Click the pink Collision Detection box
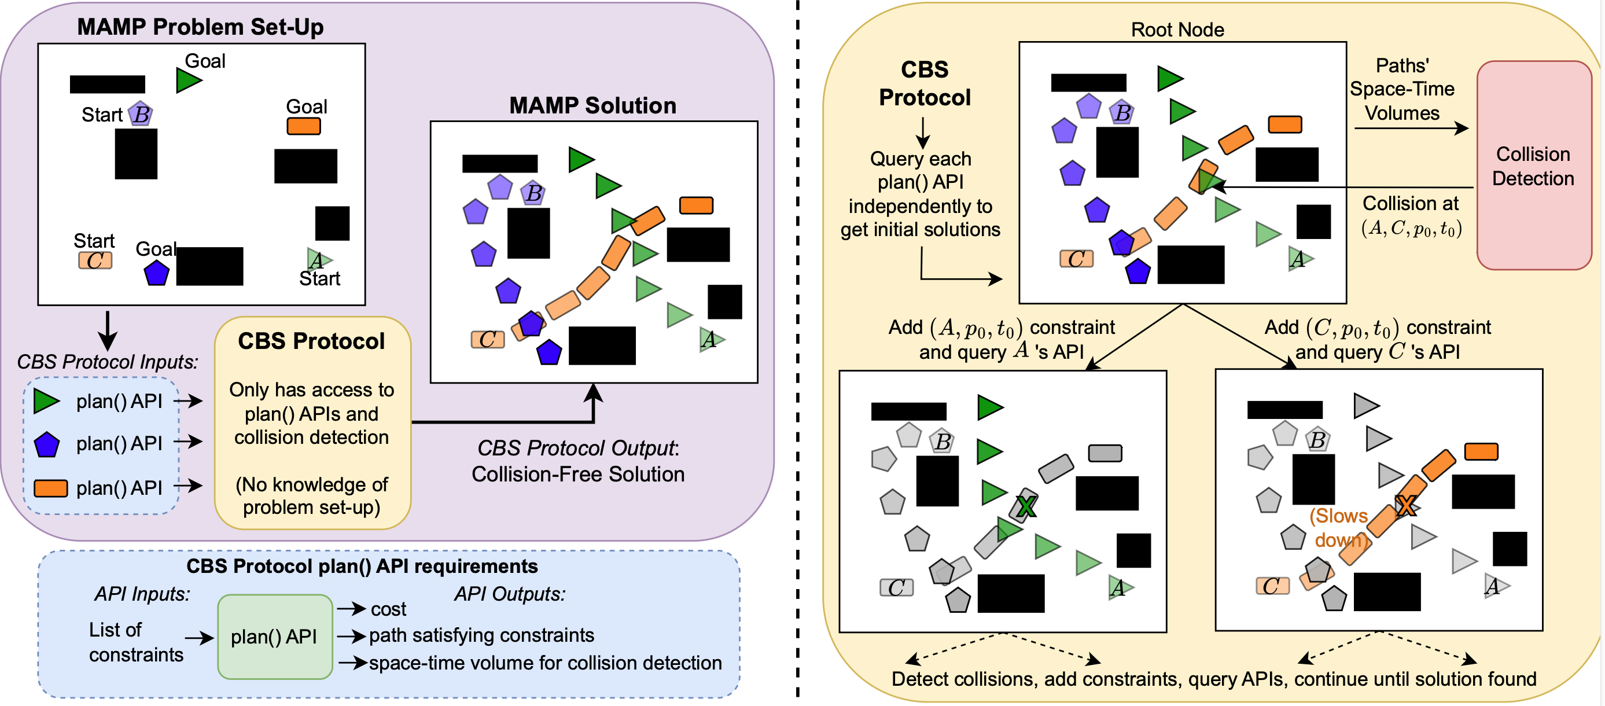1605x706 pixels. [1533, 166]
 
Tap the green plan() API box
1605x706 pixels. [274, 636]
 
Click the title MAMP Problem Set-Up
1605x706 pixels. [200, 27]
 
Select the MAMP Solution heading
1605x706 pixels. [592, 105]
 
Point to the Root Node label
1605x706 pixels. [1177, 30]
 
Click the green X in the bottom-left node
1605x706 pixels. [1026, 506]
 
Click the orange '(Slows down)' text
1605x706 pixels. [1338, 527]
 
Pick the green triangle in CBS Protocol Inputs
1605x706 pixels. [46, 401]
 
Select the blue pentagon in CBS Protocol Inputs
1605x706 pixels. [47, 445]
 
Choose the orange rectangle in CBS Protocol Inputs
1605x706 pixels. [50, 488]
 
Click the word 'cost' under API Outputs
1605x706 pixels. [388, 609]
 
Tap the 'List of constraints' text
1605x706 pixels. [135, 642]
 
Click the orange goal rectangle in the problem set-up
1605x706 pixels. [303, 127]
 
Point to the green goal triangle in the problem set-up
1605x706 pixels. [187, 80]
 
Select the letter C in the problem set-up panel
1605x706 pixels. [95, 260]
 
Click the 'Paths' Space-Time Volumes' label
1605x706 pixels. [1401, 89]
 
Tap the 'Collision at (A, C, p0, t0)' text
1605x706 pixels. [1411, 216]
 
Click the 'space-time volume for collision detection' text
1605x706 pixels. [545, 663]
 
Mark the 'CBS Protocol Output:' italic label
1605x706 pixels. [577, 448]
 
